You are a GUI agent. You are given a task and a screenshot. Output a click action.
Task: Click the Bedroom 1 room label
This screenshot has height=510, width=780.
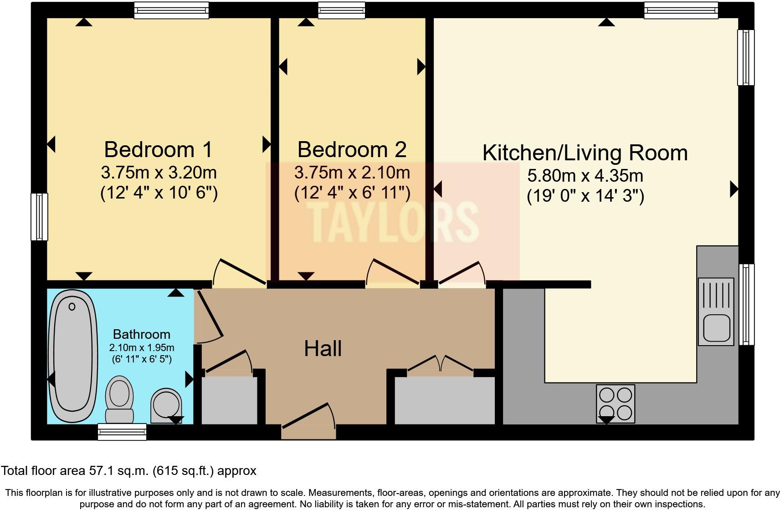click(158, 149)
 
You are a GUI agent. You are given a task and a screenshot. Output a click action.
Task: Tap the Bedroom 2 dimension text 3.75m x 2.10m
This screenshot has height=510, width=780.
click(352, 173)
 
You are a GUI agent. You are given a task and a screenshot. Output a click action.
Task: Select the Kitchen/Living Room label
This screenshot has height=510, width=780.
click(585, 153)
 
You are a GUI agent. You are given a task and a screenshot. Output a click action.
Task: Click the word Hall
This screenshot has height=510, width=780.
click(323, 349)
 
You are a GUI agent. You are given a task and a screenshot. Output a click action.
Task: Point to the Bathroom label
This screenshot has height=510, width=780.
click(141, 334)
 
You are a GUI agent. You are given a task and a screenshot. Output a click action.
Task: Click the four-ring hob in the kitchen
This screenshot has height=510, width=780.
click(615, 404)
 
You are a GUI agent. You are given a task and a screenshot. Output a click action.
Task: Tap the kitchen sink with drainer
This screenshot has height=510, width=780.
click(716, 311)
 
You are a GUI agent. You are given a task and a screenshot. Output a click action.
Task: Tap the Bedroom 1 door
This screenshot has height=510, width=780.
click(239, 273)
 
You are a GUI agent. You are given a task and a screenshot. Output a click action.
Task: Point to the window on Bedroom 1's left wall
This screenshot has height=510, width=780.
click(39, 217)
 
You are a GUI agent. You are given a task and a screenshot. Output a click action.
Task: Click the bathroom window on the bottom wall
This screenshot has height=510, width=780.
click(122, 432)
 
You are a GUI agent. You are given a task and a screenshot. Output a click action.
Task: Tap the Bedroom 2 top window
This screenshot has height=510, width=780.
click(341, 10)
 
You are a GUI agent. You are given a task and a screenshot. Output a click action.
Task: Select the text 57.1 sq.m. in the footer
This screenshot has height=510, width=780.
click(118, 470)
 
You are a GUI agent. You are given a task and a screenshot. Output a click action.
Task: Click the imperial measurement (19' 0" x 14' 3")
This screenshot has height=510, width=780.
click(585, 196)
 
